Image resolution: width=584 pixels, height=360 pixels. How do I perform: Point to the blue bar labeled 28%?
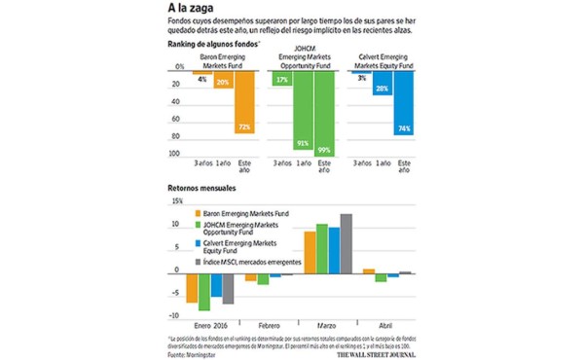tap(383, 84)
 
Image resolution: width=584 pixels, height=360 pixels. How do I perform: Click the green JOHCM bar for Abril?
tap(382, 277)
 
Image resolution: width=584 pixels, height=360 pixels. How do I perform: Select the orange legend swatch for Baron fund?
tap(198, 212)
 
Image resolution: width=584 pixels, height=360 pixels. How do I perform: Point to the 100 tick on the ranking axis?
tap(176, 153)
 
